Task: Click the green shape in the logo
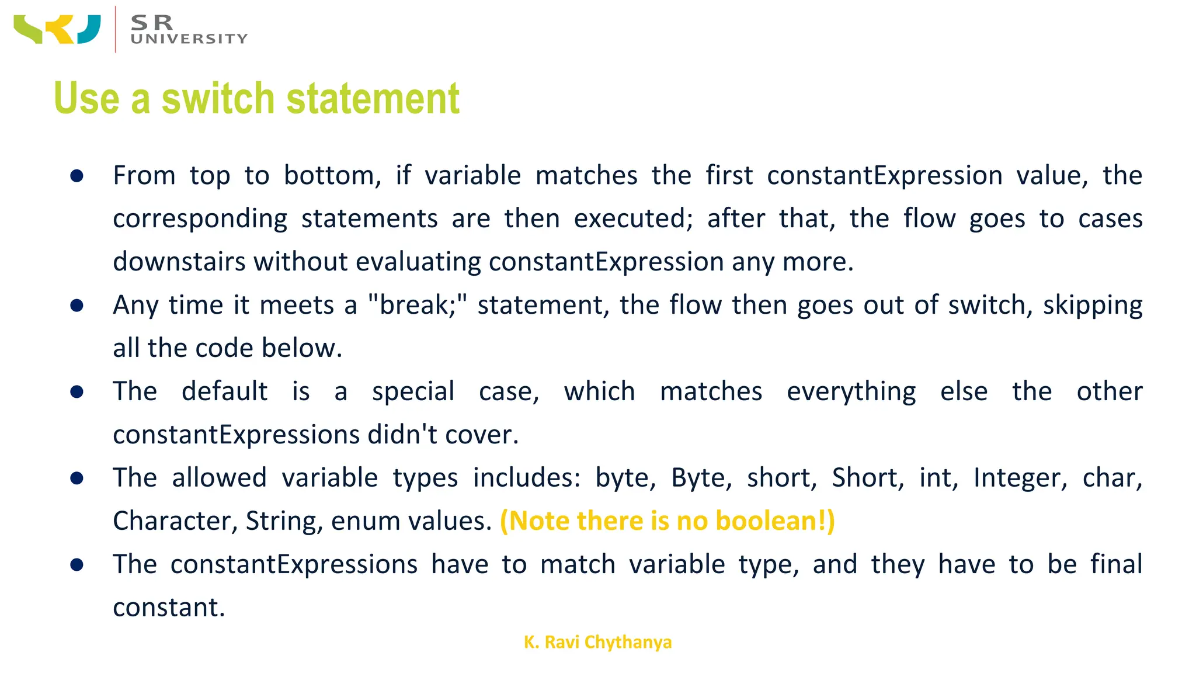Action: click(28, 30)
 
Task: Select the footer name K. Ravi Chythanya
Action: click(597, 642)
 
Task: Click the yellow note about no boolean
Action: click(667, 521)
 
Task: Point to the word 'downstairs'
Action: click(179, 261)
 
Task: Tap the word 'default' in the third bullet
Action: click(224, 391)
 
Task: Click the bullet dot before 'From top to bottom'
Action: click(77, 176)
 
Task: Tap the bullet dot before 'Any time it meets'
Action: click(77, 306)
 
